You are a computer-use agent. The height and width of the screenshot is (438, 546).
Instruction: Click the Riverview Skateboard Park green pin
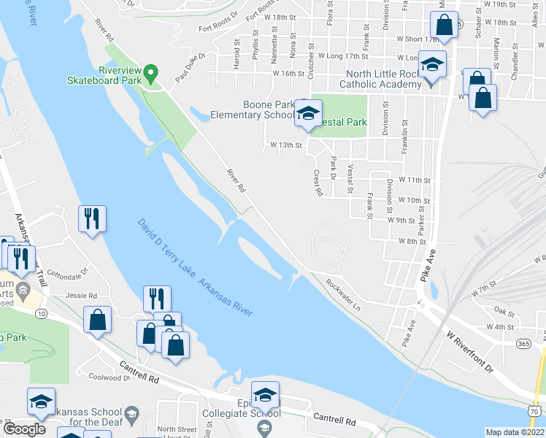coord(150,72)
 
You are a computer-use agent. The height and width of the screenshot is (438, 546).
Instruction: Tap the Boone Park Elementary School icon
coord(308,113)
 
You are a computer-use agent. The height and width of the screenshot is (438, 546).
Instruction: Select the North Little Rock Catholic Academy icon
coord(432,65)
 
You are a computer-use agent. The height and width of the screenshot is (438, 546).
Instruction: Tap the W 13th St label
coord(285,145)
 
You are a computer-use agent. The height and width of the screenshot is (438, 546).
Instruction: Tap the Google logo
coord(25,429)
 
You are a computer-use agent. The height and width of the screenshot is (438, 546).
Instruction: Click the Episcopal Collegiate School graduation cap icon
coord(265,395)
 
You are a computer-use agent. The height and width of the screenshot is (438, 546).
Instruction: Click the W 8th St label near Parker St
coord(412,241)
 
